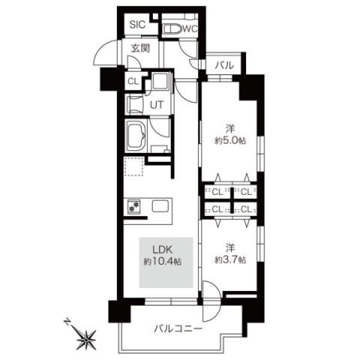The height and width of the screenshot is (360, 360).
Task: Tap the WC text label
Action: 188,30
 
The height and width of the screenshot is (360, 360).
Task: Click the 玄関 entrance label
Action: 140,49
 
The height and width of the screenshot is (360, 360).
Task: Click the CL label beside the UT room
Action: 132,81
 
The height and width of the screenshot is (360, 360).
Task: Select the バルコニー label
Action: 178,328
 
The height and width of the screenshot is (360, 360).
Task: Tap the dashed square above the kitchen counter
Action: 133,167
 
